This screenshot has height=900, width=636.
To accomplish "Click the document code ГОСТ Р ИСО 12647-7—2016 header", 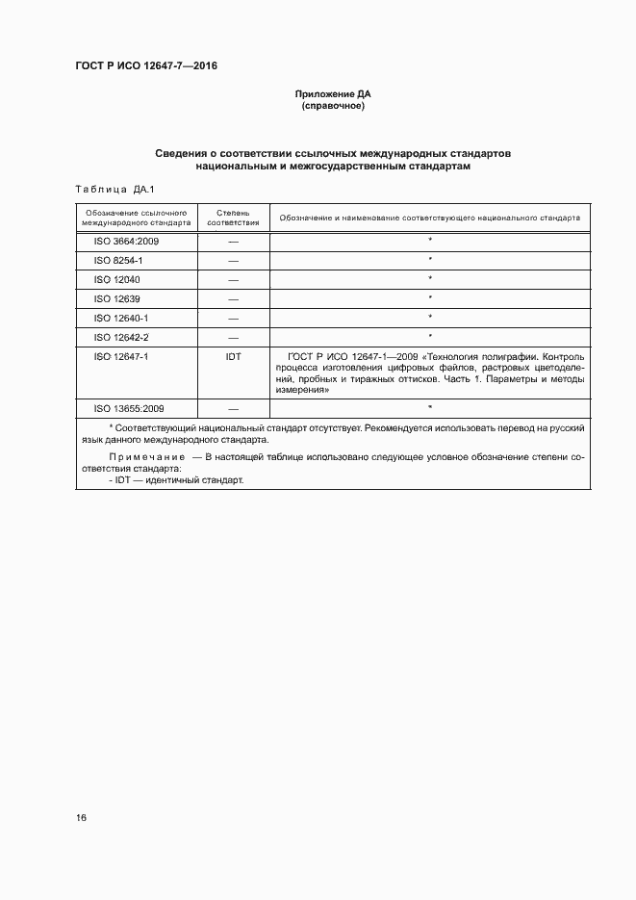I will pos(146,65).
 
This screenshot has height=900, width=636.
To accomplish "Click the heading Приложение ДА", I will pos(332,94).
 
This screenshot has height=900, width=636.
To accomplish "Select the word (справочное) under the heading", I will pos(332,106).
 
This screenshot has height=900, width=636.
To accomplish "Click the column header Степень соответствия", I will pos(233,217).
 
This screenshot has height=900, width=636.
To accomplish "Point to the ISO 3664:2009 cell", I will pos(126,241).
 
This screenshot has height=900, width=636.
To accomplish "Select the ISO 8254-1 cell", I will pos(118,260).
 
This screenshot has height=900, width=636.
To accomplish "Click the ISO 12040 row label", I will pos(116,279).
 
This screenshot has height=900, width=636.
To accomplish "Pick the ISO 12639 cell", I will pos(116,298).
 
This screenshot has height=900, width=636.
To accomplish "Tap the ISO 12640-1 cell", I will pos(120,318).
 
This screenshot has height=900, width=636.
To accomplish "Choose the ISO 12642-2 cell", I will pos(120,337).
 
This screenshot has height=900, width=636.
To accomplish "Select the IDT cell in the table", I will pos(233,356).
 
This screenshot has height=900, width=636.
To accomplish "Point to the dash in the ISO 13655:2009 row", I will pos(233,409).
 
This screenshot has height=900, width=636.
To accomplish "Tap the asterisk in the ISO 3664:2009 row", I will pos(430,241).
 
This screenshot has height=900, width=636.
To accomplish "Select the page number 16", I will pos(81,817).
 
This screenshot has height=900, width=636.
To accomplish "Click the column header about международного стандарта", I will pos(136,217).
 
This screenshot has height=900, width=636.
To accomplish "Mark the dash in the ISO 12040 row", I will pos(233,280).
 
